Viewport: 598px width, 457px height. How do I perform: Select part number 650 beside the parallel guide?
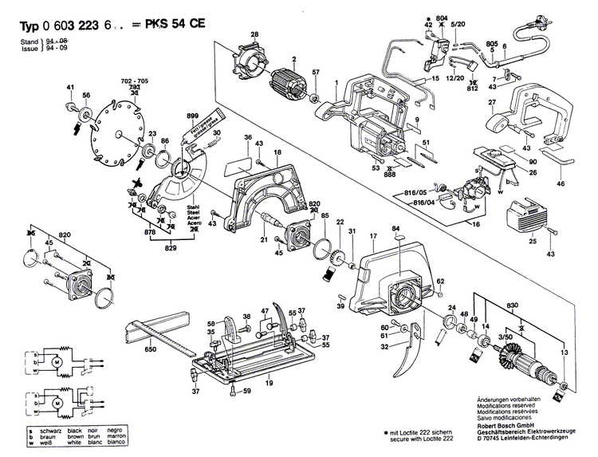click(150, 349)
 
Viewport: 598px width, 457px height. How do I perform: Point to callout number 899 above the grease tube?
click(191, 116)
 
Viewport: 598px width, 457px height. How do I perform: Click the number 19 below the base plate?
click(269, 384)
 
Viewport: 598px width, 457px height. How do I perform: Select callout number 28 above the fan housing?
click(254, 33)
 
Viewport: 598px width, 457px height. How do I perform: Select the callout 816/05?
click(414, 193)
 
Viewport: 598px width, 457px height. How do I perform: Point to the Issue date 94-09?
click(57, 48)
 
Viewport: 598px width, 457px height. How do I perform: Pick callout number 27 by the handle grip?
click(492, 103)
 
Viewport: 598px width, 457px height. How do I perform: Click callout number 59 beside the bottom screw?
click(247, 391)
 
